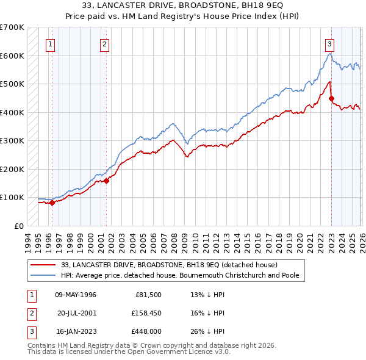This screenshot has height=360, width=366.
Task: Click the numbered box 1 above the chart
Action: click(49, 43)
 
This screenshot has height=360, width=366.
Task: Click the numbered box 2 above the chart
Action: click(104, 43)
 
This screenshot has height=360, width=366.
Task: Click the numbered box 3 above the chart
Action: click(329, 43)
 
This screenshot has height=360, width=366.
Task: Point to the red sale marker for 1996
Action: click(52, 203)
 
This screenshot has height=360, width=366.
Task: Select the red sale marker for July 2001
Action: click(106, 181)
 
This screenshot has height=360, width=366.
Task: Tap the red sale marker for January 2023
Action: click(331, 98)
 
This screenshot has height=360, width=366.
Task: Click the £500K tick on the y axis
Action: click(12, 84)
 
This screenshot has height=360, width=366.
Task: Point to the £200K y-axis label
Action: click(12, 169)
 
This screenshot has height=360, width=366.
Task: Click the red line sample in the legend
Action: click(44, 265)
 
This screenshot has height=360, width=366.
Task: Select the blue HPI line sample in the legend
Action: click(44, 275)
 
